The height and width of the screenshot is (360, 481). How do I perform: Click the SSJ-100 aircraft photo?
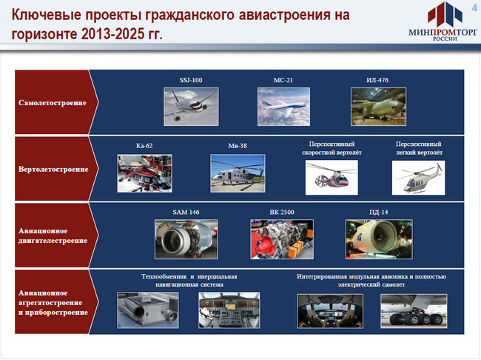191,107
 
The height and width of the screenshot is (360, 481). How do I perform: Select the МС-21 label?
283,80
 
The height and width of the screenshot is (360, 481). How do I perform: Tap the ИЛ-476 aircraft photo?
379,107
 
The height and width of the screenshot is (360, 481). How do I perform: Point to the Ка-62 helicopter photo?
144,173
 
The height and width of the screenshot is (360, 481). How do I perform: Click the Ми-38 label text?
238,146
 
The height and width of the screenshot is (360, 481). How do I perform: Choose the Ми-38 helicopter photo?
238,173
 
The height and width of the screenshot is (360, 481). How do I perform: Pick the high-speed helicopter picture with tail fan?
332,178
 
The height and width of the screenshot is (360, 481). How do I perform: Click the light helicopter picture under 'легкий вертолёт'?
418,178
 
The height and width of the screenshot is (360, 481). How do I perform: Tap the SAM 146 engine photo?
186,239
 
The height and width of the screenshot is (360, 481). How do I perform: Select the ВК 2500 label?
282,213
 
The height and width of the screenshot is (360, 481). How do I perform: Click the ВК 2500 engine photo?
282,239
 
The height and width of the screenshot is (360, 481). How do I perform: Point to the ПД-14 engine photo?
379,239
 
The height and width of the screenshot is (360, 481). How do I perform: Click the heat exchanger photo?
148,310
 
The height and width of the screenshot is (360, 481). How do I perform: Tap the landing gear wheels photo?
414,311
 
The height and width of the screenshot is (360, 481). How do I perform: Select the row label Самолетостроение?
53,103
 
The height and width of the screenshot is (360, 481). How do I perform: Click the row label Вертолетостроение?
53,169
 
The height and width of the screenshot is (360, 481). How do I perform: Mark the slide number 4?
474,8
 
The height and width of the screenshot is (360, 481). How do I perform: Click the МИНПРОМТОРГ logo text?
443,32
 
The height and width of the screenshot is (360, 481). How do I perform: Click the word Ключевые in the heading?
47,15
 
